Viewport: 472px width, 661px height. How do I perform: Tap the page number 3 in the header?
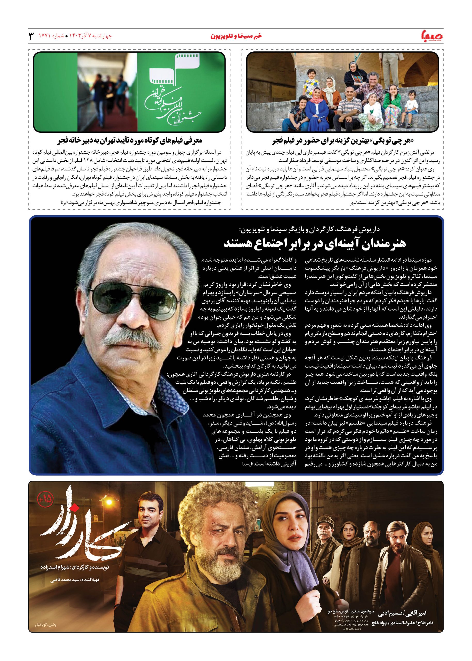pyautogui.click(x=30, y=36)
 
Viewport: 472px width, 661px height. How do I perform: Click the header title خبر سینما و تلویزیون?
pyautogui.click(x=236, y=36)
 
